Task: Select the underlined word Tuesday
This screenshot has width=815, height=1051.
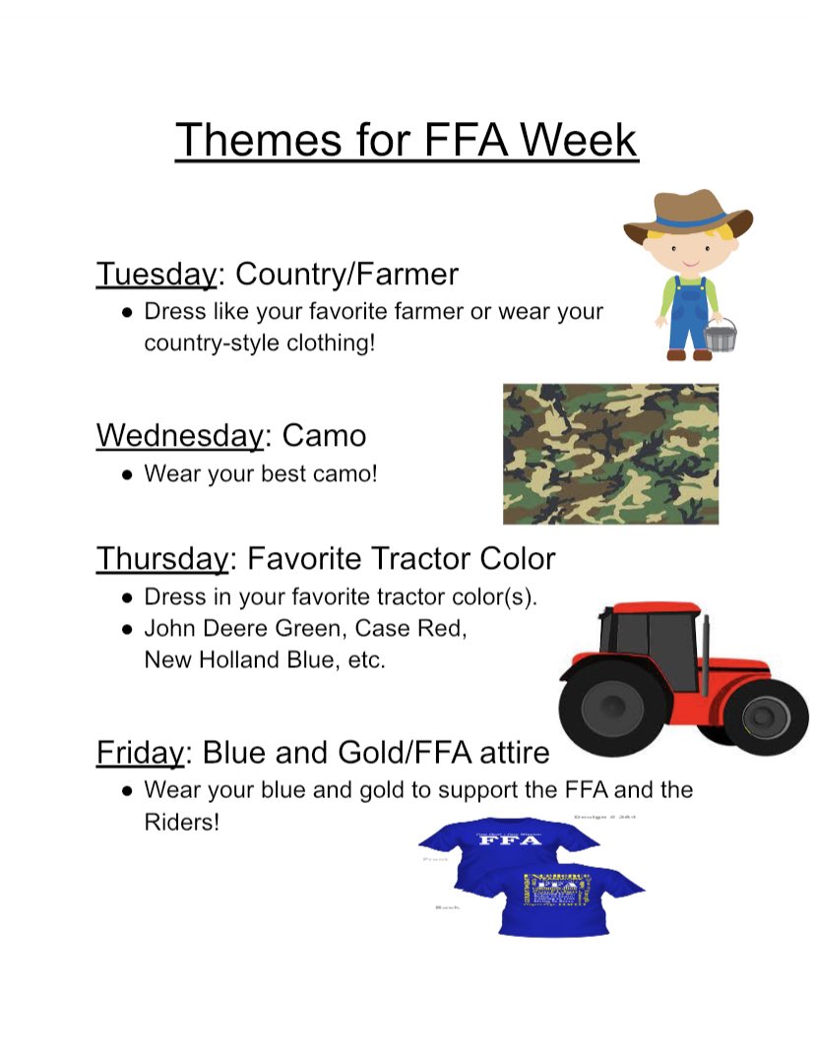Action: (156, 274)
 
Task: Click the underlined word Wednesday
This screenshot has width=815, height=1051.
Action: (179, 435)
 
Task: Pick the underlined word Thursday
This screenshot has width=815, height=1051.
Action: (162, 559)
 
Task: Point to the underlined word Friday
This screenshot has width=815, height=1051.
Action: (140, 753)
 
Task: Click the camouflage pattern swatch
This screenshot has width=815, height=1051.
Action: (610, 454)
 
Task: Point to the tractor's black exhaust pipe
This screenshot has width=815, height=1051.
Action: (706, 649)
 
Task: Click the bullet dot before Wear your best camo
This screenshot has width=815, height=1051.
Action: (128, 473)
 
